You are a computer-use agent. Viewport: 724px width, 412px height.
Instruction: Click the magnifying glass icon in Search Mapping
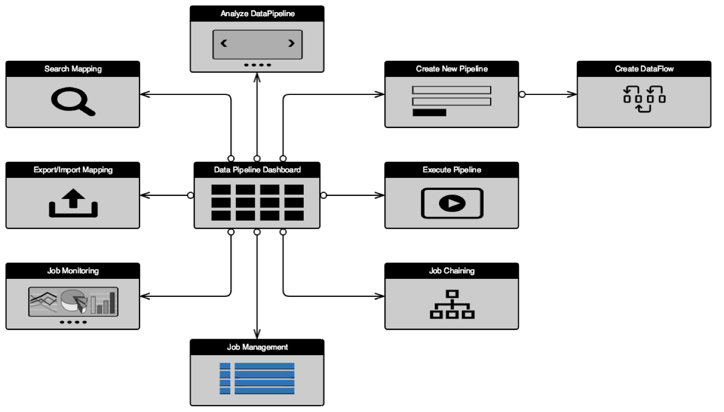click(72, 101)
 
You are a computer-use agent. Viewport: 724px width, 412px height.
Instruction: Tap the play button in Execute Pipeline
click(452, 203)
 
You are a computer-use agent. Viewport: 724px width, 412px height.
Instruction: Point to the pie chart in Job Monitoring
click(73, 301)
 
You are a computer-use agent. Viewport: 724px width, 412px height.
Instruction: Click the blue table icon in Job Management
click(257, 378)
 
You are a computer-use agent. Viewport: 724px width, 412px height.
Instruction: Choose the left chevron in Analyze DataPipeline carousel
click(224, 44)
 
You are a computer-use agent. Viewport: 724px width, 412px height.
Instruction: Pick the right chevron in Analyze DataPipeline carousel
click(291, 44)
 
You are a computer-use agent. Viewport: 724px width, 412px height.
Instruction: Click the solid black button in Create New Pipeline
click(429, 113)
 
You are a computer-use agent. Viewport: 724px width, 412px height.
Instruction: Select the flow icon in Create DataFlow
click(644, 99)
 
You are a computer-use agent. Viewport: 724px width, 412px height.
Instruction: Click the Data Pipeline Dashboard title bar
click(257, 170)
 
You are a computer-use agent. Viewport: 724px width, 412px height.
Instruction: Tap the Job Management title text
click(257, 347)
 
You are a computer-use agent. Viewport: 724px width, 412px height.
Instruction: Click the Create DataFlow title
click(644, 69)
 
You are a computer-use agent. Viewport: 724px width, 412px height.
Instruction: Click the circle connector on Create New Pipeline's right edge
click(522, 94)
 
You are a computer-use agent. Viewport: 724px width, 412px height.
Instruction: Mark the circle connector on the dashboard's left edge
click(191, 195)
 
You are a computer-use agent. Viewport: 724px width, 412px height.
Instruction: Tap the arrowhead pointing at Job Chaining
click(380, 296)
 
